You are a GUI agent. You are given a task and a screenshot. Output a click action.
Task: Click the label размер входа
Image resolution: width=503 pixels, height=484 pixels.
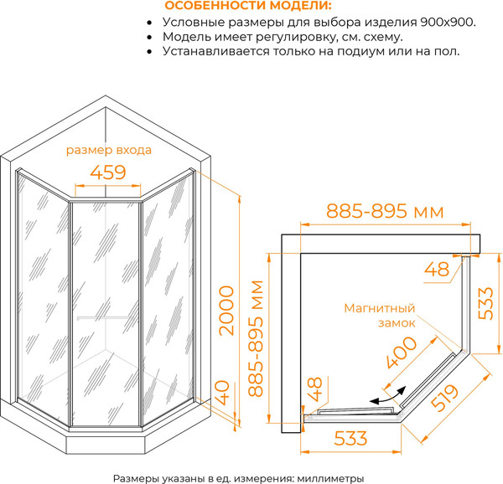109,151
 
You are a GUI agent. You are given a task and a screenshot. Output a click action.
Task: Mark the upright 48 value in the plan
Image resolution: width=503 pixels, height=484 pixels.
437,270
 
